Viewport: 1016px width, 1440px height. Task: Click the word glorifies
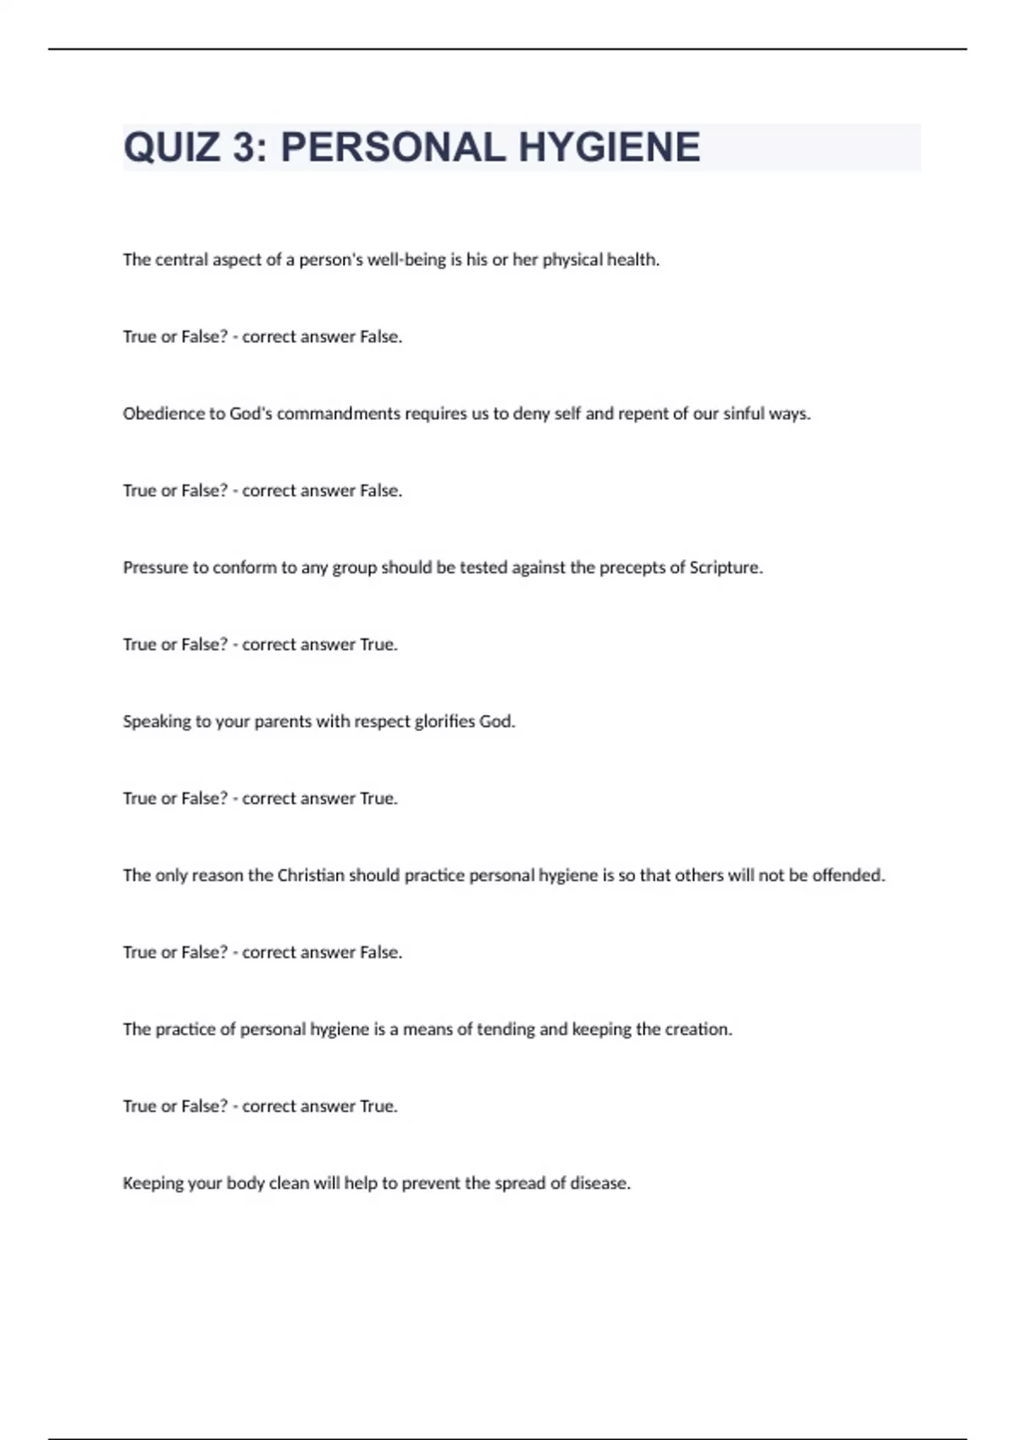coord(444,722)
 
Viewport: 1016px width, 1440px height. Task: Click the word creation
coord(698,1029)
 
